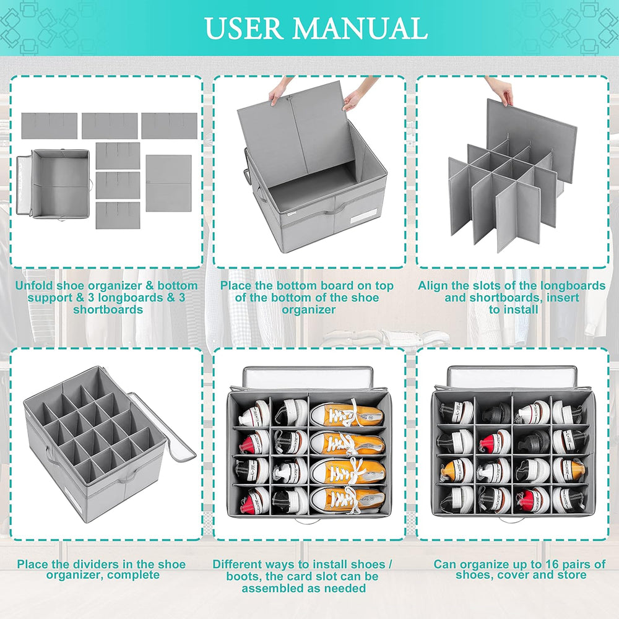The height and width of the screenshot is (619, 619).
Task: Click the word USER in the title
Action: tap(243, 28)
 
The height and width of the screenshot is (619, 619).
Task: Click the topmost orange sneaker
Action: tap(345, 414)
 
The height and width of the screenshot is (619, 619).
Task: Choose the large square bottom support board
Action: tap(168, 183)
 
